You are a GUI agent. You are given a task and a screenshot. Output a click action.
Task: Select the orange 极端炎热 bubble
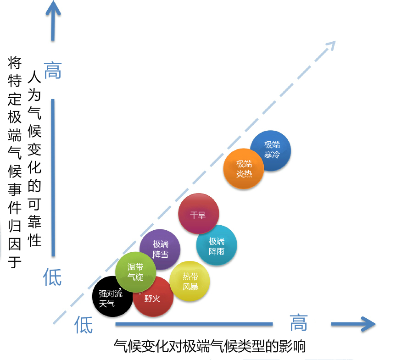[x=244, y=169]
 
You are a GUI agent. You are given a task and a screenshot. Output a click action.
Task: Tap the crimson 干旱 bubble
[x=198, y=213]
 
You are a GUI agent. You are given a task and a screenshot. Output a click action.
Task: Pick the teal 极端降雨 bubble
[x=217, y=245]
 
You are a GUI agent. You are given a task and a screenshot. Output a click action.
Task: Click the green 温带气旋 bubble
[x=136, y=272]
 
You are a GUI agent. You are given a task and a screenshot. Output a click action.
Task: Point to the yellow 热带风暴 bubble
[x=190, y=281]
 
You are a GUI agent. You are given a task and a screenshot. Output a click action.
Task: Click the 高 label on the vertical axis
[x=53, y=70]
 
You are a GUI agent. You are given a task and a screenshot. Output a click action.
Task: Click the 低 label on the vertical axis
[x=52, y=277]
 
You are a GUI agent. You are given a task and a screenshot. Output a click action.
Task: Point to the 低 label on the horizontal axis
[x=84, y=325]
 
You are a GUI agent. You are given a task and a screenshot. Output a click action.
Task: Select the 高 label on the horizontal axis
[x=299, y=322]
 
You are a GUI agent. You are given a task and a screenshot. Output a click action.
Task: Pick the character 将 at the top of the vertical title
[x=15, y=63]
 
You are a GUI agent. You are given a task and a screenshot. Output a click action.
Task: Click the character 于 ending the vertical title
[x=15, y=262]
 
